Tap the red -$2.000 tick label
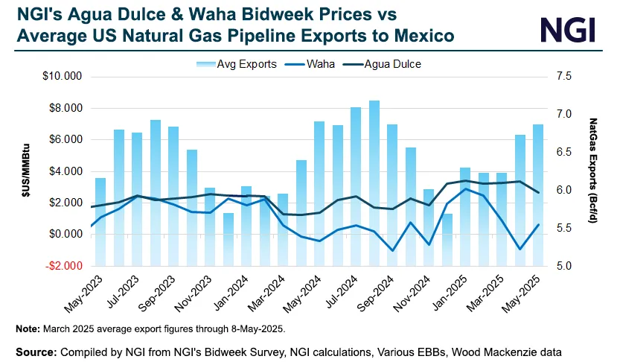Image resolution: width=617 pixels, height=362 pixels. tap(65, 266)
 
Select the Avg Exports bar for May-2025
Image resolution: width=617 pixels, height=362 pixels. tap(538, 194)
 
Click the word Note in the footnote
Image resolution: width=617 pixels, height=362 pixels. tap(28, 328)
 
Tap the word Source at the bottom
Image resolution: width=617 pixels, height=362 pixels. tap(35, 349)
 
